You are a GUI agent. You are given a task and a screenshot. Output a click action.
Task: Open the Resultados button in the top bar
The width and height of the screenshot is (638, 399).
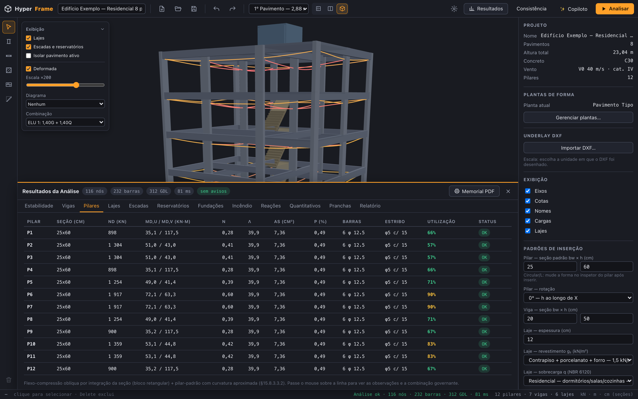click(x=486, y=9)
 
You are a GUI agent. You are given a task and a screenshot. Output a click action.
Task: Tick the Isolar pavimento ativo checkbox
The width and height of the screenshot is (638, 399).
click(x=29, y=56)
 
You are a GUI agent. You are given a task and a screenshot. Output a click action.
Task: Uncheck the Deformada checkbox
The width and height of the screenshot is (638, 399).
click(x=29, y=69)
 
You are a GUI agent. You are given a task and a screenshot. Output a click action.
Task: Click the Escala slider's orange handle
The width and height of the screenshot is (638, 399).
click(x=76, y=85)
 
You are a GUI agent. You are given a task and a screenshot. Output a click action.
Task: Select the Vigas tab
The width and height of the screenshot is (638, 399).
click(x=68, y=206)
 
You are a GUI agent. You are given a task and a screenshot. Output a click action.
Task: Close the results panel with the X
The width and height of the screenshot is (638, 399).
click(x=508, y=191)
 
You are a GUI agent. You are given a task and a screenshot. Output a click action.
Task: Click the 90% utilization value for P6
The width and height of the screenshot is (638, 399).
click(x=431, y=294)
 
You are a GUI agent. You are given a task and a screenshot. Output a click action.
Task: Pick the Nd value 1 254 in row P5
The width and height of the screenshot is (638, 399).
click(x=115, y=282)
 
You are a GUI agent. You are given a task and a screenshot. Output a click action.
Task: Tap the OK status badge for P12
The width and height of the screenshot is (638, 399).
click(x=484, y=369)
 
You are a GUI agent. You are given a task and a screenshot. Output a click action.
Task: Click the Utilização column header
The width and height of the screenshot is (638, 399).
click(x=441, y=222)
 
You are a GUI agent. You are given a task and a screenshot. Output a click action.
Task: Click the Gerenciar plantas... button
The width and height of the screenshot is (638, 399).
click(x=578, y=118)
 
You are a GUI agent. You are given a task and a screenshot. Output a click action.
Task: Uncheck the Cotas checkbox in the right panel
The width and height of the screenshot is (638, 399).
click(x=528, y=201)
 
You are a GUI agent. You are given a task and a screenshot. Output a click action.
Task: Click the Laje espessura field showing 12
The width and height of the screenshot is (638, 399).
click(x=578, y=339)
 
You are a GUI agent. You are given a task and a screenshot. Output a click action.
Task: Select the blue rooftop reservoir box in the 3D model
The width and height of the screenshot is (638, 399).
click(x=280, y=34)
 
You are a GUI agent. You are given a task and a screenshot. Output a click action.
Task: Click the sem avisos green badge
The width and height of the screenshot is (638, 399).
click(x=213, y=191)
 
